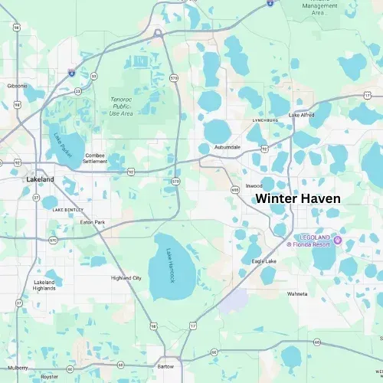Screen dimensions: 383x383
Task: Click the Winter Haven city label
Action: coord(297,198)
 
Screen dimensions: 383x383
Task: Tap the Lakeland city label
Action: coord(40,179)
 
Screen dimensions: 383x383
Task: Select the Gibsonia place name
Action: coord(18,86)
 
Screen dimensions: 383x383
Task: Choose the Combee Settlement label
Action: coord(96,158)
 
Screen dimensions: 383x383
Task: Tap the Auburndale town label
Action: coord(228,146)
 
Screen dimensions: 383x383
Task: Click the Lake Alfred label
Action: coord(302,115)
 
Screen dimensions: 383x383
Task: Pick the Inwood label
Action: coord(254,185)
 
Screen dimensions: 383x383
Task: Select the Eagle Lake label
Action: coord(264,261)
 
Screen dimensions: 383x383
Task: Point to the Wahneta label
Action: coord(297,293)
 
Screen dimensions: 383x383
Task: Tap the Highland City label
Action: coord(126,277)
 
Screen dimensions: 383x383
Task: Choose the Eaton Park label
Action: coord(93,222)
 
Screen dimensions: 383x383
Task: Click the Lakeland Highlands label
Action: coord(44,285)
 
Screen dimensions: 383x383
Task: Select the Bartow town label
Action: coord(165,366)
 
